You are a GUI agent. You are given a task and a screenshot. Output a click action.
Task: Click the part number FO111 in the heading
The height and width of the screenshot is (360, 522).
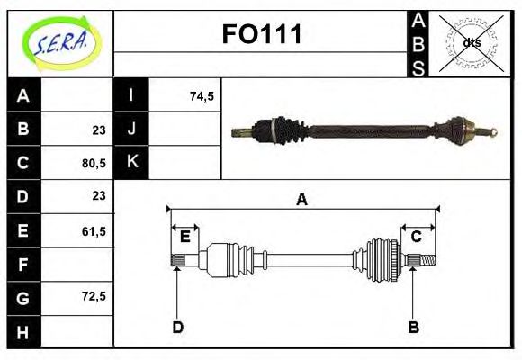[261, 34]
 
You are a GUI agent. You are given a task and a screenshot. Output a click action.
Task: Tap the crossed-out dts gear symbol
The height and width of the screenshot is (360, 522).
[471, 42]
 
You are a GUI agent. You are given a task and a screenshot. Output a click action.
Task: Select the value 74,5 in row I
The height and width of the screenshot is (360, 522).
[202, 96]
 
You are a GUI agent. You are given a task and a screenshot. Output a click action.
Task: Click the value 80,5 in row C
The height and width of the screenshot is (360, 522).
[94, 164]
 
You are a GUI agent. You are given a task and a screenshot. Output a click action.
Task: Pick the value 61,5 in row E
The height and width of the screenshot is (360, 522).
[94, 231]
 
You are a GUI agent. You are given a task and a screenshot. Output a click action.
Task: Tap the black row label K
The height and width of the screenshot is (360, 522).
[131, 163]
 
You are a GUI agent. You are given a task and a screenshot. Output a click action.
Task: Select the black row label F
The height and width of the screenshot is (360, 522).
[23, 265]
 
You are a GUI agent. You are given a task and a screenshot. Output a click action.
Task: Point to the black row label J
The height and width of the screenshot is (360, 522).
[131, 130]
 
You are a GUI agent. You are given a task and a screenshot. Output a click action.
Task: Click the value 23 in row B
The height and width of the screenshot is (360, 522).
[99, 130]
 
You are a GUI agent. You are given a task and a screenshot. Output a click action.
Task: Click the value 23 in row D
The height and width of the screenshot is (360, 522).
[99, 195]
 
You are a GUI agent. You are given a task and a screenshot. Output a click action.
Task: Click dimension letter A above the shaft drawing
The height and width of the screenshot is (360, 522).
[302, 200]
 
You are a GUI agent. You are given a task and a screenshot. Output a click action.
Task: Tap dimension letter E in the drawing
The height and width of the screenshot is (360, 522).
[184, 237]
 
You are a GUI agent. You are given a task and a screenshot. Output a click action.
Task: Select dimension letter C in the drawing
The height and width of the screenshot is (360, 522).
[416, 237]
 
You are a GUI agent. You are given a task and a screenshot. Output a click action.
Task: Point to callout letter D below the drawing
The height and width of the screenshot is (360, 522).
[177, 327]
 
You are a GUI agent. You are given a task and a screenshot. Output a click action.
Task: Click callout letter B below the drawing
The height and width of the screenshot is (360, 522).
[414, 327]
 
